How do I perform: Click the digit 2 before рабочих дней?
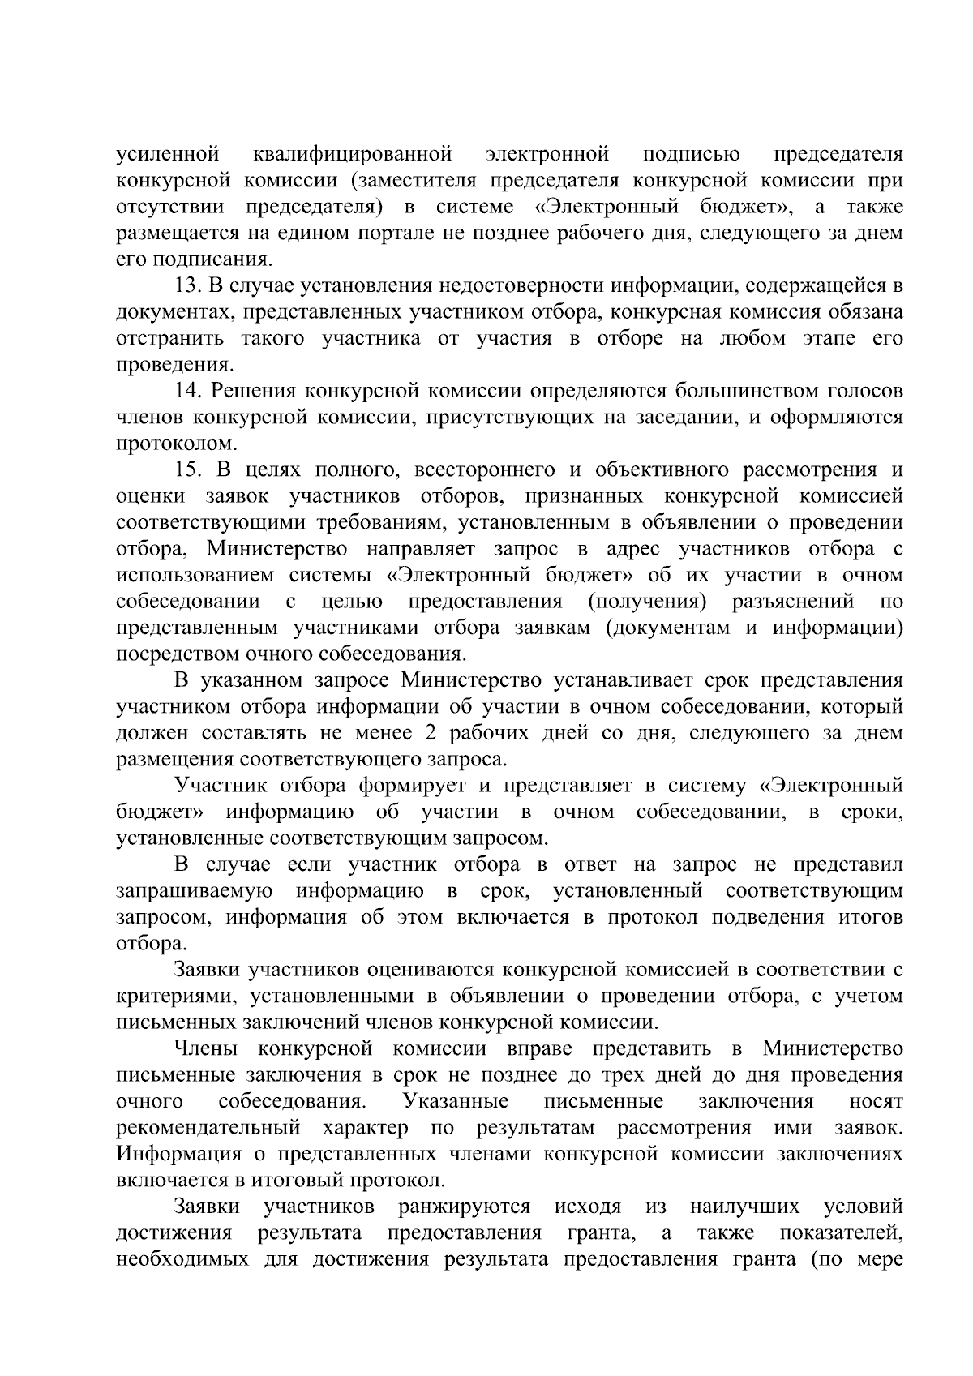coord(430,734)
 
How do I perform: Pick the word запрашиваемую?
coord(194,892)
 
